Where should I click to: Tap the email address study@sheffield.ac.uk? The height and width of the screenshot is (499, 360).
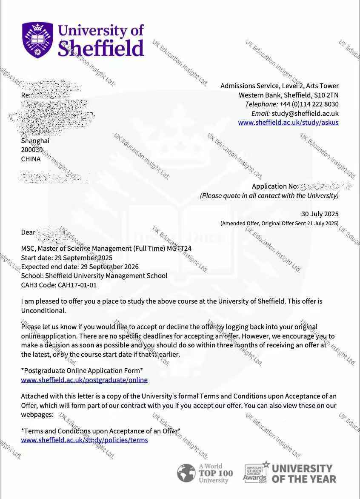[305, 113]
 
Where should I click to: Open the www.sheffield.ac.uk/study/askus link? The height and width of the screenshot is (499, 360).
[288, 123]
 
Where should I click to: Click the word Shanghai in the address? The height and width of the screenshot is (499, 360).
[35, 141]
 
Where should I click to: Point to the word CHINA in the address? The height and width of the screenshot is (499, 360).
[31, 159]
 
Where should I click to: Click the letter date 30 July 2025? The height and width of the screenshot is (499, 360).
[320, 214]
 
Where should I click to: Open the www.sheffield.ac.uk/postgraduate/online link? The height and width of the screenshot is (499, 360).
[84, 380]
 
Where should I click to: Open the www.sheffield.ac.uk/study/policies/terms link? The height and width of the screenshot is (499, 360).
[84, 440]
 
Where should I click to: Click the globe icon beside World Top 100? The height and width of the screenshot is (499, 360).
[186, 473]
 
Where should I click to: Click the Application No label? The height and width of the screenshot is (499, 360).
[274, 186]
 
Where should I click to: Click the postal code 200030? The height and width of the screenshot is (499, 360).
[32, 150]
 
